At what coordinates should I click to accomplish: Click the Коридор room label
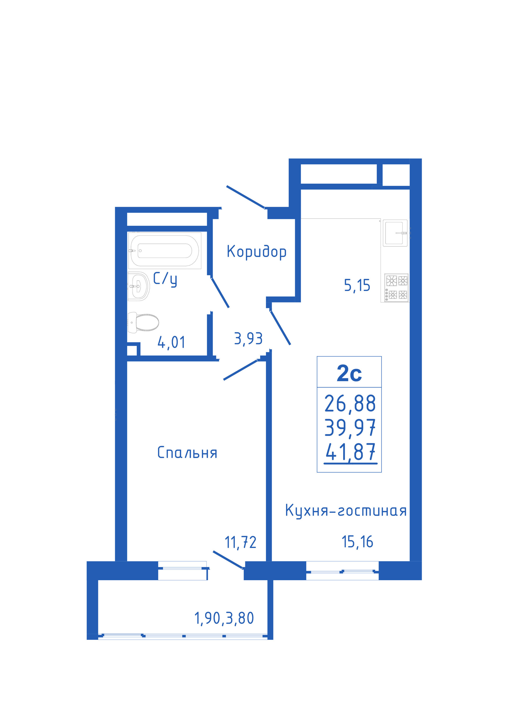tap(256, 252)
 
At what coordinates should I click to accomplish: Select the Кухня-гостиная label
tap(346, 511)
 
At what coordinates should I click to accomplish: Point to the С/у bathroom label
tap(165, 279)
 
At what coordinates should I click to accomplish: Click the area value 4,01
tap(171, 342)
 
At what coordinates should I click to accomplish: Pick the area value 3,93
tap(248, 339)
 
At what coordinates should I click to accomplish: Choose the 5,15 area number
tap(357, 286)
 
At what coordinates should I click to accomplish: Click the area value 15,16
tap(357, 542)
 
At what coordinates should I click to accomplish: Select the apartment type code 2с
tap(349, 374)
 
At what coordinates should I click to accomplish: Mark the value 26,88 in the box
tap(350, 404)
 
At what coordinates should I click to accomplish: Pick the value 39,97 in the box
tap(350, 428)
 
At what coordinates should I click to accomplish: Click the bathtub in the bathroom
tap(164, 251)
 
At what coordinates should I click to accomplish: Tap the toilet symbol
tap(143, 322)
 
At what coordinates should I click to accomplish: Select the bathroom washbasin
tap(139, 286)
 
